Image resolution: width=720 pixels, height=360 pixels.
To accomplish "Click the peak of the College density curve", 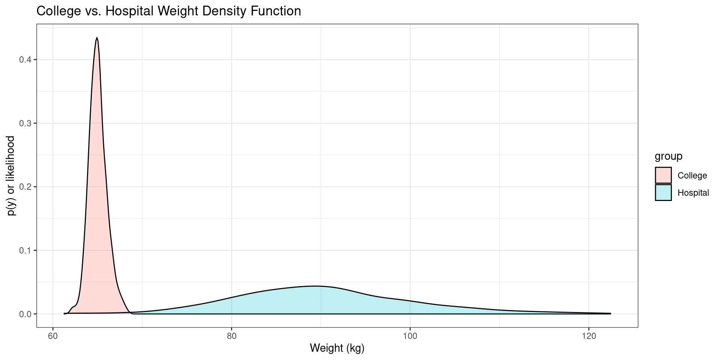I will tap(97, 38).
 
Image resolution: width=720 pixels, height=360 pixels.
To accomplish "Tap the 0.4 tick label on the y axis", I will tap(25, 60).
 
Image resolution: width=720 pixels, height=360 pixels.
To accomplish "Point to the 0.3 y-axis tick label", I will tap(25, 123).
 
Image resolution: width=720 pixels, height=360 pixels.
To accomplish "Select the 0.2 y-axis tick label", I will tap(25, 187).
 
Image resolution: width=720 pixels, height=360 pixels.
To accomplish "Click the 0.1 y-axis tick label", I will tap(25, 250).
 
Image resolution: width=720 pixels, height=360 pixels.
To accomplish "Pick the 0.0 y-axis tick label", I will tap(25, 314).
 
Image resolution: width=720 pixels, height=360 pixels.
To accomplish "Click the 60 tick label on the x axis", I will tap(53, 336).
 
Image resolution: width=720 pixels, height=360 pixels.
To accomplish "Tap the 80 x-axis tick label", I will tap(231, 336).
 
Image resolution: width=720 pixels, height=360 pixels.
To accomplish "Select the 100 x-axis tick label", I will tap(410, 336).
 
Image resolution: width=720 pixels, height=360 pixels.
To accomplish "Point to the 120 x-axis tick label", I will tap(588, 336).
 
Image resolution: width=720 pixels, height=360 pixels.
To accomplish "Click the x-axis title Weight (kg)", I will tap(337, 348).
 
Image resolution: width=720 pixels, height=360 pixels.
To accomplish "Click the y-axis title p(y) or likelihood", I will tap(11, 175).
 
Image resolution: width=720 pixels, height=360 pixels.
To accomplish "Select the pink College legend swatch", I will tap(663, 175).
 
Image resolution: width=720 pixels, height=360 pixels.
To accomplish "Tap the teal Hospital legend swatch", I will tap(663, 193).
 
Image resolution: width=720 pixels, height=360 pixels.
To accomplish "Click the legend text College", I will tap(692, 175).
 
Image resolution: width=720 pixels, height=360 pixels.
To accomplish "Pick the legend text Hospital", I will tap(693, 193).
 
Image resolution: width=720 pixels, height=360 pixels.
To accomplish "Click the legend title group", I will tap(668, 156).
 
